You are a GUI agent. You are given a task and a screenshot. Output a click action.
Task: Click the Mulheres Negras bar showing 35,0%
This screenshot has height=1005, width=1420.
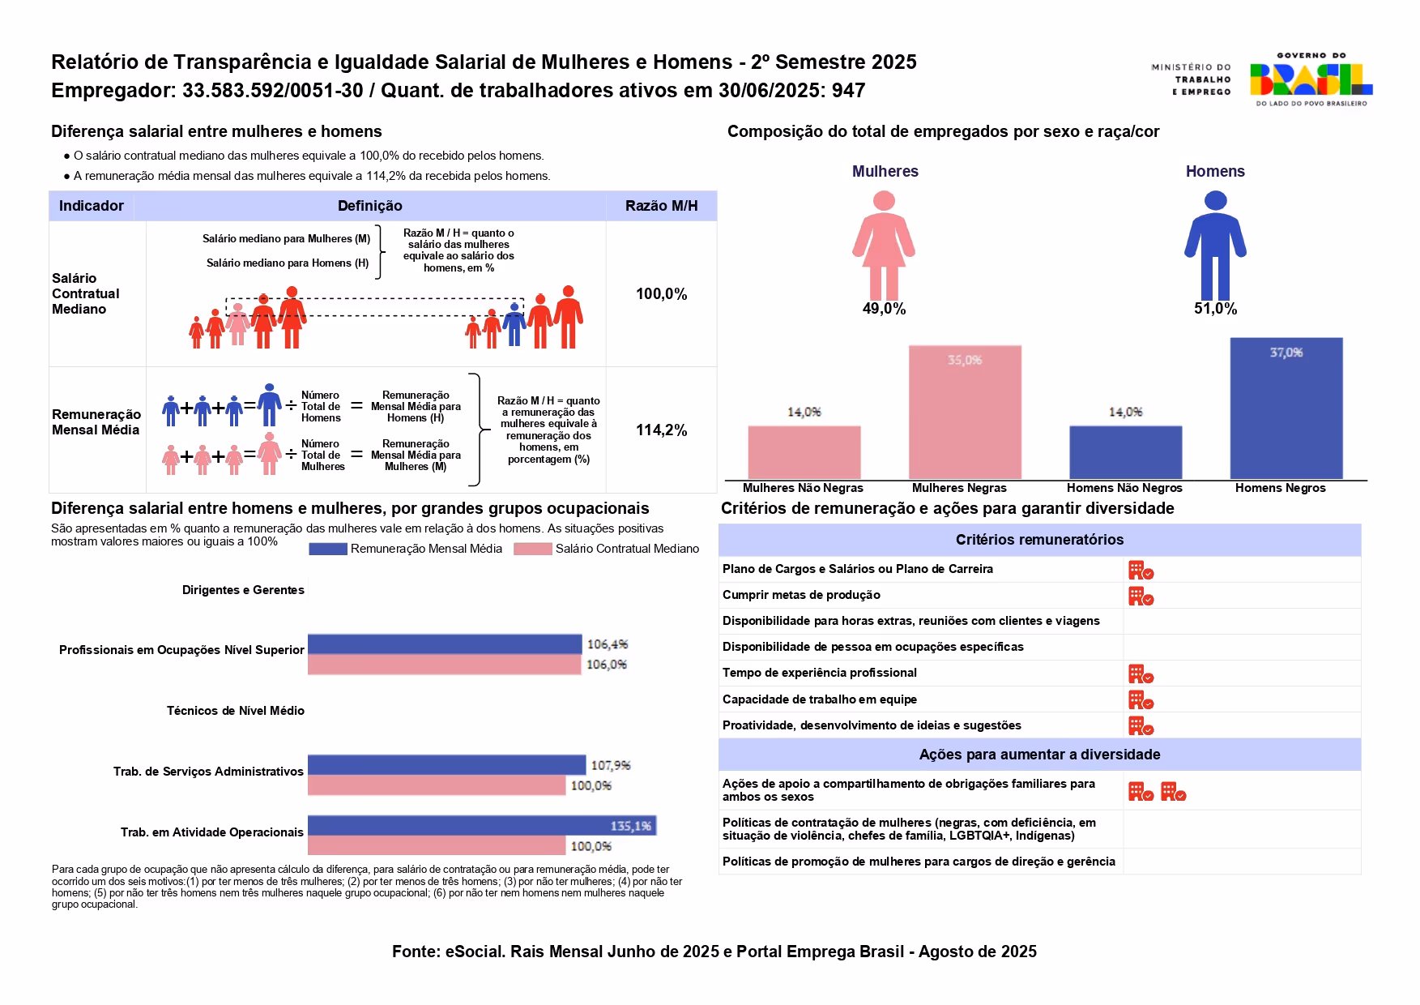coord(964,412)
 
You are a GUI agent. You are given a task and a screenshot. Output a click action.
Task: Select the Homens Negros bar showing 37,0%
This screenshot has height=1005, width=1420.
coord(1286,408)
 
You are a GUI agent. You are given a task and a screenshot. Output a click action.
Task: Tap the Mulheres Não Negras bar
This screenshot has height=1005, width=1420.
coord(804,451)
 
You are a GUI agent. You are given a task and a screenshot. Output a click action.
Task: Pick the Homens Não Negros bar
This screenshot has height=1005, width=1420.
coord(1125,451)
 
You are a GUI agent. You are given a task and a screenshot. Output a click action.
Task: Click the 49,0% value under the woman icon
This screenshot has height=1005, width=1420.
coord(884,309)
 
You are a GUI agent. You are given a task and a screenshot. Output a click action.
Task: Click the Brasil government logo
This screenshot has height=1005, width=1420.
coord(1311,79)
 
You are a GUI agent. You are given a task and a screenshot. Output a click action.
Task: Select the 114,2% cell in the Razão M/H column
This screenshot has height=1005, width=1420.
coord(661,430)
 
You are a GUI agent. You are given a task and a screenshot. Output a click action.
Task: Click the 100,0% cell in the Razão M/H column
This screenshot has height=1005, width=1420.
coord(661,294)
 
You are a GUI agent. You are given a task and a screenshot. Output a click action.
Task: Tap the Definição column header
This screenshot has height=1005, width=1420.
coord(369,206)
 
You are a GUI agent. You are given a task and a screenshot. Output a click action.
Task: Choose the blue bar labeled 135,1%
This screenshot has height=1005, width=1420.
coord(481,825)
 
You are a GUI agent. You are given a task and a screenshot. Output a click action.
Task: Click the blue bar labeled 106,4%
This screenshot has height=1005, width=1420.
coord(444,644)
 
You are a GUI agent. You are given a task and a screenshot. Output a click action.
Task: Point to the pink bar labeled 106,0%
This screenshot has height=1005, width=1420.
coord(444,665)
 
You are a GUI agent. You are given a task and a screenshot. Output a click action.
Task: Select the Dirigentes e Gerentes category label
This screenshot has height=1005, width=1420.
coord(243,590)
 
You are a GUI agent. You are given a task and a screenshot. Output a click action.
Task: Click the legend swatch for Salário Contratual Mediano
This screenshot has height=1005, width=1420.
coord(532,549)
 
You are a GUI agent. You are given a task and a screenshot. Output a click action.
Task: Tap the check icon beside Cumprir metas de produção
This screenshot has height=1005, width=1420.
coord(1141,597)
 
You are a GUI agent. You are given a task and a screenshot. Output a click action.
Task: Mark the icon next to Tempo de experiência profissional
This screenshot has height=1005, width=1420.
coord(1141,674)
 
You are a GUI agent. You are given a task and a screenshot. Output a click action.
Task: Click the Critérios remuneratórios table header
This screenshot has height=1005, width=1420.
coord(1039,540)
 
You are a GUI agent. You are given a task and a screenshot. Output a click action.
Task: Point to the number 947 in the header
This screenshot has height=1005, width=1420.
coord(848,91)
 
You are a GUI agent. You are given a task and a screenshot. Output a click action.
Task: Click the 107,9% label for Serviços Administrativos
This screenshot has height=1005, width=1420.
coord(610,765)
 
